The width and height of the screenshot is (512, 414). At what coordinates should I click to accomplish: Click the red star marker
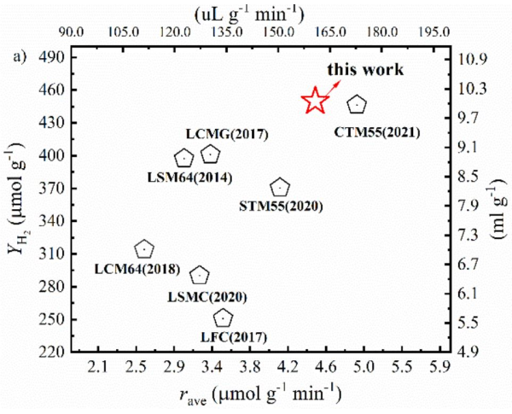pos(315,101)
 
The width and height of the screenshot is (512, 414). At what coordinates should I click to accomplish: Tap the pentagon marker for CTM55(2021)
pos(358,104)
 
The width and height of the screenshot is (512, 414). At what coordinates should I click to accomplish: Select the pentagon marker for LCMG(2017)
pos(211,155)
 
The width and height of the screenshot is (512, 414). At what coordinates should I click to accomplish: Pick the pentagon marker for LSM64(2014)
pos(183,158)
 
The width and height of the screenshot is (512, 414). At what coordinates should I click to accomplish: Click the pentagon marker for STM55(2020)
pos(280,188)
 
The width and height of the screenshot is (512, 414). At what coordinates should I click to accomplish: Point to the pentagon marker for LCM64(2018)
pos(144,249)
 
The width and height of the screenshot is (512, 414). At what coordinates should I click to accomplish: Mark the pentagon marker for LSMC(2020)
pos(200,275)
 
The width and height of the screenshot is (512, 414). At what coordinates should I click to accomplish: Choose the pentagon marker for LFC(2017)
pos(223,318)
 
